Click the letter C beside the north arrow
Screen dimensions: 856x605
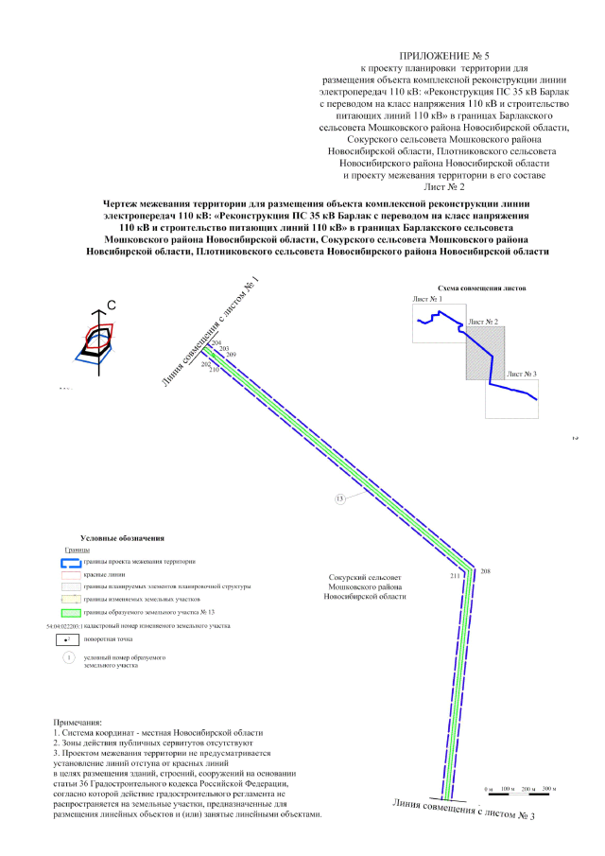coord(111,305)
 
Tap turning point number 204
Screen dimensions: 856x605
coord(216,342)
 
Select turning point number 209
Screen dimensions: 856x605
coord(232,355)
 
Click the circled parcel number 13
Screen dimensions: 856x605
coord(340,498)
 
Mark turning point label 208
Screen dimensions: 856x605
coord(486,571)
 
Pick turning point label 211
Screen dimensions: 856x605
coord(455,575)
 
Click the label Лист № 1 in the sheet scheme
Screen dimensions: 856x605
coord(426,299)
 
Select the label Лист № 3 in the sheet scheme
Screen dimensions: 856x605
coord(521,375)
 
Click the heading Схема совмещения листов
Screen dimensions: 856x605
coord(481,287)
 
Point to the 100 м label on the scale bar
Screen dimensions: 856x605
coord(506,788)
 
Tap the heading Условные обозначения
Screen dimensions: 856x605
coord(123,537)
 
